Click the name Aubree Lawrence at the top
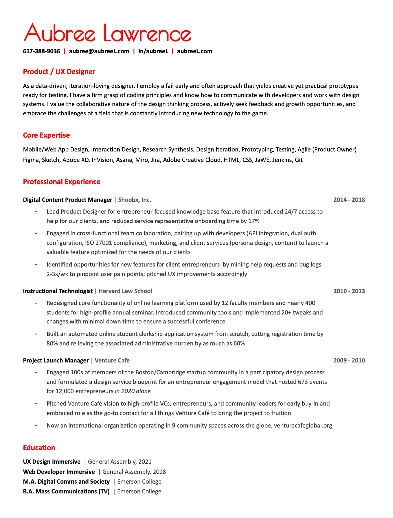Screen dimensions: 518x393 point(107,33)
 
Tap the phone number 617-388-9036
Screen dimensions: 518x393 point(42,51)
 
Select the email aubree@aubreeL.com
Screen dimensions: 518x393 point(99,51)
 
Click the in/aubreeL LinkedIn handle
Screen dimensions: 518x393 point(153,51)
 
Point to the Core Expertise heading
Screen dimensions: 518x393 point(46,135)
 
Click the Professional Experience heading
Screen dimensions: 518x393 point(62,182)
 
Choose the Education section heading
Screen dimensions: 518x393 point(39,448)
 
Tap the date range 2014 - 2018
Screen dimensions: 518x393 point(349,200)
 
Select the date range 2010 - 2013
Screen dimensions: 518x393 point(349,291)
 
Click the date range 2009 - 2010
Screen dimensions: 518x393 point(349,360)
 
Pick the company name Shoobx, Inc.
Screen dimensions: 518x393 point(135,200)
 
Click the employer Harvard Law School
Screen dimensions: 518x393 point(125,291)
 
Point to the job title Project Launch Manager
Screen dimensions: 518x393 point(56,360)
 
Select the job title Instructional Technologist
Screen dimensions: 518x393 point(58,291)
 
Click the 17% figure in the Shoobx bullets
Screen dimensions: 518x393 point(254,221)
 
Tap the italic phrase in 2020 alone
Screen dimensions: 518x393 point(133,391)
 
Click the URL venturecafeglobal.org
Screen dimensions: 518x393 point(303,425)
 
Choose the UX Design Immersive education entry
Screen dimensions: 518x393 point(52,462)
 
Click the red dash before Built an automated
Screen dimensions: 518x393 point(36,334)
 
